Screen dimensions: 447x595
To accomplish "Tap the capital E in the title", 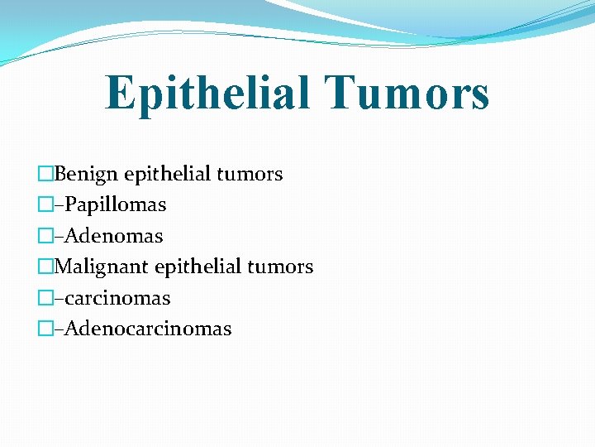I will pos(121,93).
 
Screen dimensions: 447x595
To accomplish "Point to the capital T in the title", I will pos(339,93).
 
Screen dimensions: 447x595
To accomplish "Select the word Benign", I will pos(87,175).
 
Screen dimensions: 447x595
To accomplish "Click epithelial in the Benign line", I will pos(168,174).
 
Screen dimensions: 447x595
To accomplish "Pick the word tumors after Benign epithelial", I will pos(250,174).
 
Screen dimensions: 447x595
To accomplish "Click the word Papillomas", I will pos(115,204).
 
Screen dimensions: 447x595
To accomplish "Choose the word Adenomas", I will pos(113,236).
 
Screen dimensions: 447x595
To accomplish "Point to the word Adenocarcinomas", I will pos(147,329).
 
